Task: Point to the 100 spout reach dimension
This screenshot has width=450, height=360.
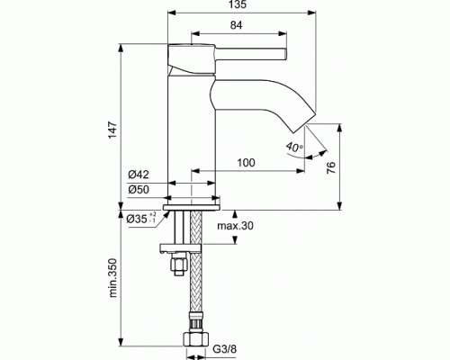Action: [246, 162]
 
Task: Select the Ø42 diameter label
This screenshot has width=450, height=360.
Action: [138, 174]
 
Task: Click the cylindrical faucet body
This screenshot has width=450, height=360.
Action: [191, 126]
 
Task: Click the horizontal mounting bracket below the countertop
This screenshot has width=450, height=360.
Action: [184, 246]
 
